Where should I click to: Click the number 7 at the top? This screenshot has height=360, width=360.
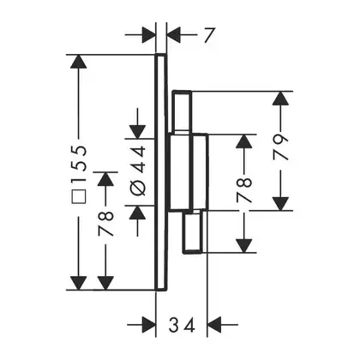click(x=209, y=35)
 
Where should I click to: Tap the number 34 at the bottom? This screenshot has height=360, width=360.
click(x=182, y=325)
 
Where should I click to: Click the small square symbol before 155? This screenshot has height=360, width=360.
click(x=79, y=196)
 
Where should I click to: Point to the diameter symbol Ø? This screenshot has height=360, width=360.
click(x=138, y=189)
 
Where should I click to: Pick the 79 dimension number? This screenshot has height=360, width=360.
click(x=280, y=147)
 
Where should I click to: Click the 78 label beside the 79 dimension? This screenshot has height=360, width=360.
click(x=244, y=190)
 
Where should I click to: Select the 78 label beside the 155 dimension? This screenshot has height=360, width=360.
click(x=105, y=224)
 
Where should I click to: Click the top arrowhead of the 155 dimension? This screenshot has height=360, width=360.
click(x=78, y=61)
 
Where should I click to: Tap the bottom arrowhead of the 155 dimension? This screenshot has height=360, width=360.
click(x=78, y=283)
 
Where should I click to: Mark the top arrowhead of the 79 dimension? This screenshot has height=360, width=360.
click(x=280, y=99)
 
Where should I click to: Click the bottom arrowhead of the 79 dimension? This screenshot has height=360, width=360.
click(x=280, y=203)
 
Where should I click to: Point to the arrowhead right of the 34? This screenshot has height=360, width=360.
click(x=215, y=325)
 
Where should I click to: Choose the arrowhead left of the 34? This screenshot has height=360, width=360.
click(x=148, y=325)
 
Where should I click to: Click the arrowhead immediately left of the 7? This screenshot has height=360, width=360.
click(x=174, y=35)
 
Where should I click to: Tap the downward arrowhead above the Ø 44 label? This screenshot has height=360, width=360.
click(x=138, y=132)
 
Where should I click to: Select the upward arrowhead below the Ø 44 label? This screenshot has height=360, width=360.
click(x=138, y=213)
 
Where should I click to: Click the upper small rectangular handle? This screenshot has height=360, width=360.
click(x=182, y=112)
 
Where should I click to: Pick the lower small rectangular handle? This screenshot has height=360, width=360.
click(x=194, y=232)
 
